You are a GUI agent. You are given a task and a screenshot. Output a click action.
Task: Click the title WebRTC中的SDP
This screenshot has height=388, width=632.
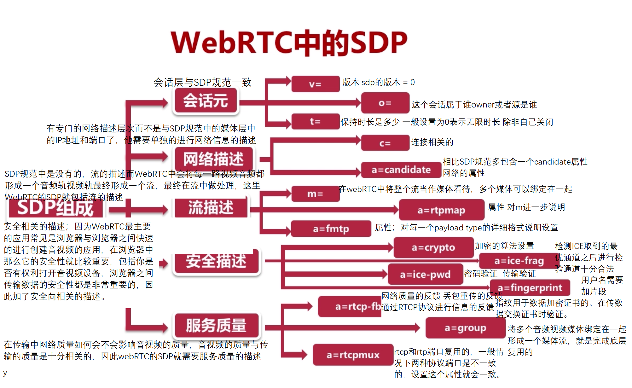289,43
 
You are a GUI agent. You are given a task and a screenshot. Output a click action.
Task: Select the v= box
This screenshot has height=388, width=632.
315,84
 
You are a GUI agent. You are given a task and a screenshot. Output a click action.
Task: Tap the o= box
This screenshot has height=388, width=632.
385,103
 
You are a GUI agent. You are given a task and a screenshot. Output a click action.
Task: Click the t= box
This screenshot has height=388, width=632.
315,121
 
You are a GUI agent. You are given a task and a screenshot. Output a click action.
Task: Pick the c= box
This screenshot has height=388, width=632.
385,143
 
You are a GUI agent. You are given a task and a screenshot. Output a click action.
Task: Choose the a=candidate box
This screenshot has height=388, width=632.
401,170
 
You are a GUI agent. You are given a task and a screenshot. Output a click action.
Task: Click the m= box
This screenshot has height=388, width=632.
315,194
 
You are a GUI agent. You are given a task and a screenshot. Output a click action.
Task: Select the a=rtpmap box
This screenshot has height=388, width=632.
441,210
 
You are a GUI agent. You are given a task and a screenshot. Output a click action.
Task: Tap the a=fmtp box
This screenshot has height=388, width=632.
331,229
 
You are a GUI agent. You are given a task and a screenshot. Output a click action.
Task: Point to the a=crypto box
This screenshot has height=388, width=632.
433,247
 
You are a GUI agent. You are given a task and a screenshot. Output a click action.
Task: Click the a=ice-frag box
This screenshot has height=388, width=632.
519,261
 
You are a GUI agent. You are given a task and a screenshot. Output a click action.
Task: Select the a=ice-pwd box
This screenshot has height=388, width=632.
425,274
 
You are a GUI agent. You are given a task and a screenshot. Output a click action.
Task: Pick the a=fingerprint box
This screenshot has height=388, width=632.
530,287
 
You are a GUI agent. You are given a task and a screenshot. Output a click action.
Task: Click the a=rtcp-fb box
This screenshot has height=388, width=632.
350,306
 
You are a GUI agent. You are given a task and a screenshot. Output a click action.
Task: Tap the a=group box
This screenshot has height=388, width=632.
465,328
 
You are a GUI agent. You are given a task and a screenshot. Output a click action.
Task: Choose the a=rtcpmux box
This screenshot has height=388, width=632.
353,355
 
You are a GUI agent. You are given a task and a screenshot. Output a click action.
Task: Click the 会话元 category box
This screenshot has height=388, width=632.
206,101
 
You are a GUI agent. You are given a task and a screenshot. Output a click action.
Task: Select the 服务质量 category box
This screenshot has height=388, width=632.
216,325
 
